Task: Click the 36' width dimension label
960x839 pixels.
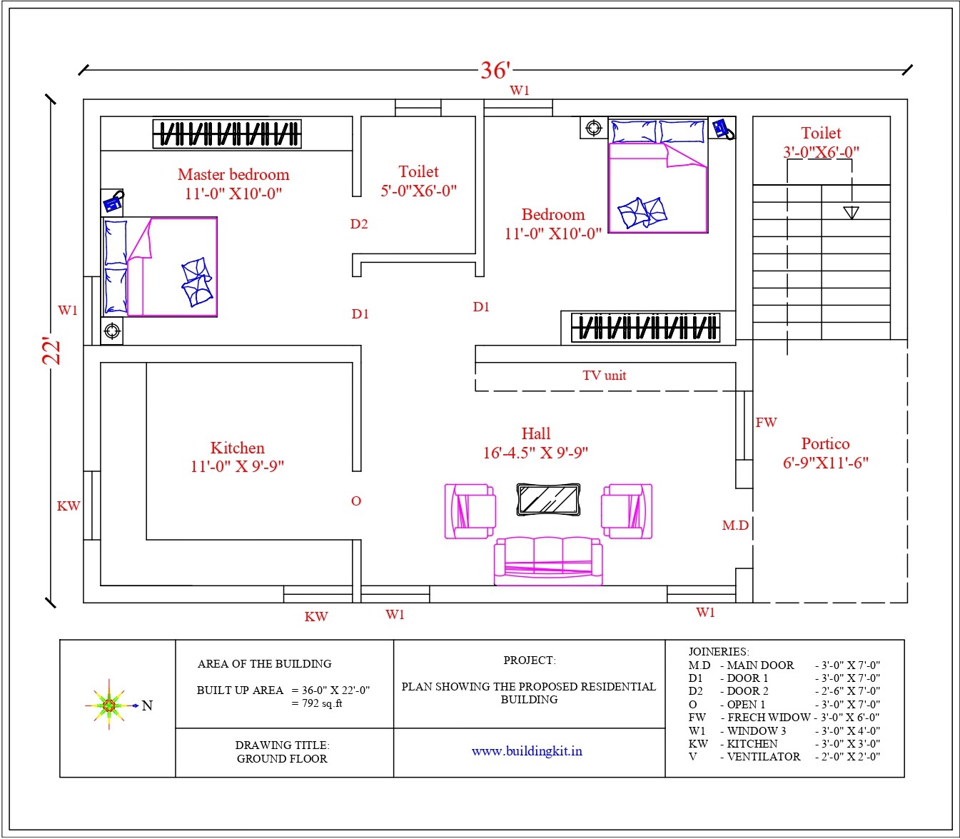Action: click(x=495, y=70)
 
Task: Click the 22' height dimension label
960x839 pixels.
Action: click(x=52, y=350)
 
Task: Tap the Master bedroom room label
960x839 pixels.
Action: click(x=233, y=175)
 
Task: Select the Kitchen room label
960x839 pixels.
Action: click(x=237, y=448)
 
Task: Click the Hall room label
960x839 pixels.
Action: click(x=535, y=434)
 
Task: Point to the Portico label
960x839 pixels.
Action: click(x=825, y=444)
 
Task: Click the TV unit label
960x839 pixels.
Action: click(x=604, y=376)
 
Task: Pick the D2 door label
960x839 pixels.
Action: click(x=359, y=224)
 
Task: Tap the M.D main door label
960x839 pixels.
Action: click(x=735, y=526)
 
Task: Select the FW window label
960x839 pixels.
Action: click(x=766, y=423)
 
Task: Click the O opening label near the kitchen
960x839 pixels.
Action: click(x=356, y=501)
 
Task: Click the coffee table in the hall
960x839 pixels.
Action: click(x=547, y=499)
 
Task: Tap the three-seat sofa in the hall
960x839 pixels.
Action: click(x=548, y=561)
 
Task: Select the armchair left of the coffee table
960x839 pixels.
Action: click(x=470, y=511)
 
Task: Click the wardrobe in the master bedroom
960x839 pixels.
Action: click(x=227, y=134)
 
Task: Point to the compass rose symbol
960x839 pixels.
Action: click(x=108, y=705)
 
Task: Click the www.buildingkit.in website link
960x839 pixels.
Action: click(x=527, y=751)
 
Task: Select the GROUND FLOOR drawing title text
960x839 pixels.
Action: click(x=282, y=758)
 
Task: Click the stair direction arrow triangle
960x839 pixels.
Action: click(x=851, y=212)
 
